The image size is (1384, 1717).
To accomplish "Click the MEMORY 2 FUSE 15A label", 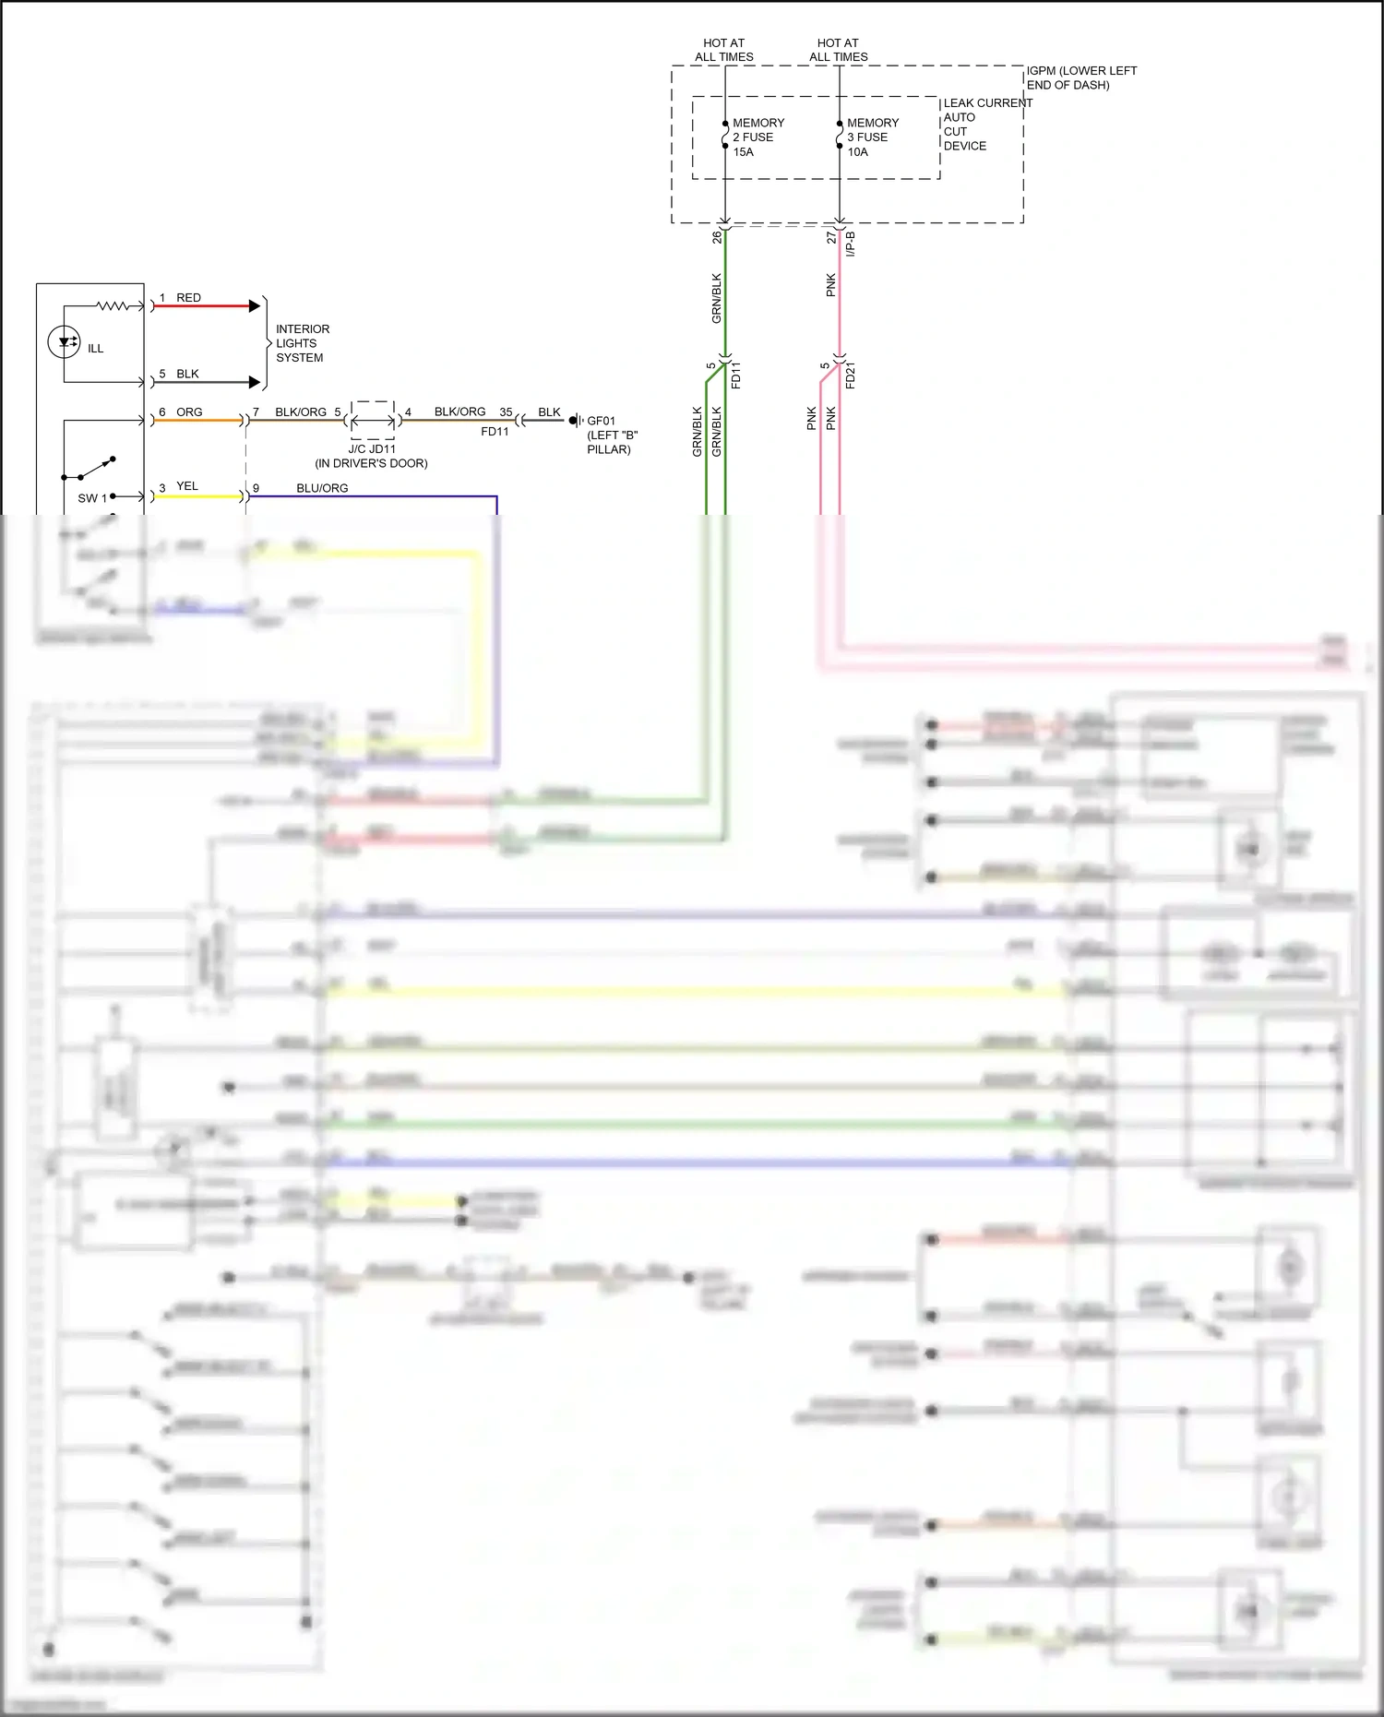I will [x=758, y=137].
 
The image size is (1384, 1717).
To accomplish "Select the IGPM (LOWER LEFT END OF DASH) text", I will [x=1080, y=78].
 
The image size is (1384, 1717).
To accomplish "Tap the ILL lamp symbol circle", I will [x=65, y=343].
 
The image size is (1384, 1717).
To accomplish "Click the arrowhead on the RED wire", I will [x=255, y=305].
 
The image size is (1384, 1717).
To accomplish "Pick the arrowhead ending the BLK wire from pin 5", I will [x=255, y=382].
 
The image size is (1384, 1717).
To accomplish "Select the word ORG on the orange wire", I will [x=189, y=412].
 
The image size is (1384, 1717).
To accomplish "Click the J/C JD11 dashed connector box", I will [x=373, y=420].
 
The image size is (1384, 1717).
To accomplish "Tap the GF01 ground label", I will [x=601, y=421].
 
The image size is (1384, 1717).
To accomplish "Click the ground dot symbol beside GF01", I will [x=573, y=421].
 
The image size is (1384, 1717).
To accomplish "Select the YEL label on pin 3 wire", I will [x=187, y=486].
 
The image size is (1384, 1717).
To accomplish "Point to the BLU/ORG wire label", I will [x=322, y=488].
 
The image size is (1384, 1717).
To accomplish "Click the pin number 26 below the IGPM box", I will [x=717, y=237].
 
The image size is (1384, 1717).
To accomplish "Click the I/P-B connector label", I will [x=851, y=244].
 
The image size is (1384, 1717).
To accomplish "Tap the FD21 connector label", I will [x=851, y=376].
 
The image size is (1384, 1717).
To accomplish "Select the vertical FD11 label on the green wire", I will [x=736, y=376].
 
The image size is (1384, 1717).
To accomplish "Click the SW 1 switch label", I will [x=91, y=498].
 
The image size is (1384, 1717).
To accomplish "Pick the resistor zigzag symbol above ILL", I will [x=114, y=305].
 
